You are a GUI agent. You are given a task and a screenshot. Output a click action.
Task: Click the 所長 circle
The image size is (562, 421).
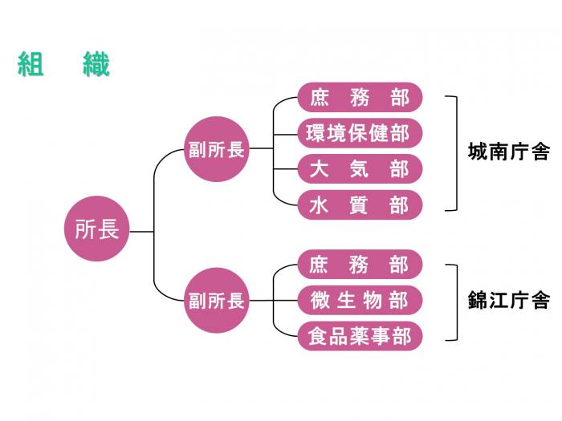tap(96, 230)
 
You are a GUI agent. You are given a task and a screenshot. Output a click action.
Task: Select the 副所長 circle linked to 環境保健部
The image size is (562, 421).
tap(216, 150)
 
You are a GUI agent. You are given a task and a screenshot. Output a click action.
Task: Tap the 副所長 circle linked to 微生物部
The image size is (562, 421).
tap(216, 301)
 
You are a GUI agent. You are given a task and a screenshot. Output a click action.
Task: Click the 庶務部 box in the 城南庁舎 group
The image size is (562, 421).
tap(360, 98)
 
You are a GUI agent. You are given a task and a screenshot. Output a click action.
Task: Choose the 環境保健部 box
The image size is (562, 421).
tap(360, 133)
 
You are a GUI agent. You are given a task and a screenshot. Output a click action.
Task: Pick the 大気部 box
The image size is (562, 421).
tap(360, 169)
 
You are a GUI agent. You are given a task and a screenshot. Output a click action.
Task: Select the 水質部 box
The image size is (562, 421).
tap(360, 205)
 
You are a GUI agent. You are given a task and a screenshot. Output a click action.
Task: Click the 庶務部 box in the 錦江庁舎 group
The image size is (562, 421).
tap(360, 264)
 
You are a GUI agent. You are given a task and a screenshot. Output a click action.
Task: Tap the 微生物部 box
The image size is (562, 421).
tap(360, 300)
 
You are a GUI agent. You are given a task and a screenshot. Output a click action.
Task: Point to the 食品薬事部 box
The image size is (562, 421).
tap(360, 336)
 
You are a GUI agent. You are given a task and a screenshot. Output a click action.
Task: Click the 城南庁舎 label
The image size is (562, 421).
tap(508, 152)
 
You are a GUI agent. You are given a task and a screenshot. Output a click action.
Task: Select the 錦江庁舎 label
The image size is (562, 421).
tap(508, 301)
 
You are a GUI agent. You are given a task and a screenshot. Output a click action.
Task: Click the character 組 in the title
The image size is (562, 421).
tap(30, 64)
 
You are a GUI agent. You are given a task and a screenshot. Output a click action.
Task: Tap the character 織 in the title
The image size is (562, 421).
tap(96, 64)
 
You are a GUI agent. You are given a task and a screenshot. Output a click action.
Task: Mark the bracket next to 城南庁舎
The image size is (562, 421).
tap(455, 152)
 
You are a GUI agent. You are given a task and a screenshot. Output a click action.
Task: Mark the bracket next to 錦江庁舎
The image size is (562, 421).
tap(455, 302)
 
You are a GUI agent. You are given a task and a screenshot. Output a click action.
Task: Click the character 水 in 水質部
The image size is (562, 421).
tap(319, 206)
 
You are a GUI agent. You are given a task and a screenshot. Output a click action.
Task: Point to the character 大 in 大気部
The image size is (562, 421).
tap(319, 169)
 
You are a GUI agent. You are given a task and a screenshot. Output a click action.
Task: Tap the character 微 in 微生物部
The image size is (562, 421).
tap(320, 300)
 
